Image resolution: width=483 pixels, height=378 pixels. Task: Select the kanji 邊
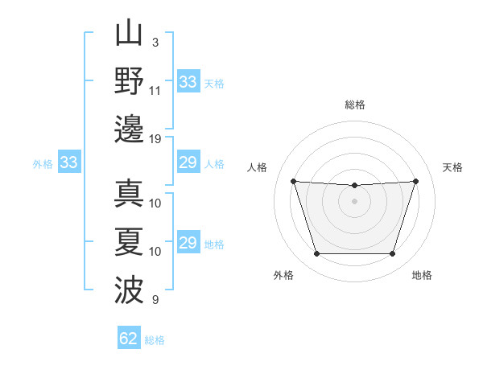pyautogui.click(x=130, y=129)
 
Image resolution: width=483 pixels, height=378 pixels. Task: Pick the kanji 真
pyautogui.click(x=130, y=193)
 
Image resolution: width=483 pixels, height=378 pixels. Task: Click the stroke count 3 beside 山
pyautogui.click(x=155, y=41)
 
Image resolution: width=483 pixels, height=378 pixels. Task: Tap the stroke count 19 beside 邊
pyautogui.click(x=155, y=138)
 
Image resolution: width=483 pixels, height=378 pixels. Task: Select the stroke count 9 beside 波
pyautogui.click(x=155, y=300)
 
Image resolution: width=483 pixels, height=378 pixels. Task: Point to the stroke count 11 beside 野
pyautogui.click(x=155, y=90)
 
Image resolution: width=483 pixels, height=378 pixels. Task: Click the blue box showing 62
pyautogui.click(x=129, y=339)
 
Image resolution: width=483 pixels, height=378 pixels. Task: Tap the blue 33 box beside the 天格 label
pyautogui.click(x=188, y=82)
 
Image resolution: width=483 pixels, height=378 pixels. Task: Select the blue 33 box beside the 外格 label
pyautogui.click(x=69, y=163)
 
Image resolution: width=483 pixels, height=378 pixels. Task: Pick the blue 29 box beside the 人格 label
pyautogui.click(x=188, y=163)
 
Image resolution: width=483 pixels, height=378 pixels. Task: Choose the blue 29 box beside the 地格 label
pyautogui.click(x=188, y=243)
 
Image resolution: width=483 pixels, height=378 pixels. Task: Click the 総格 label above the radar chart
pyautogui.click(x=354, y=105)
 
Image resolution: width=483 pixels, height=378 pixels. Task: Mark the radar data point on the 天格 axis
pyautogui.click(x=415, y=181)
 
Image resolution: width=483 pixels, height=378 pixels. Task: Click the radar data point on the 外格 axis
pyautogui.click(x=316, y=254)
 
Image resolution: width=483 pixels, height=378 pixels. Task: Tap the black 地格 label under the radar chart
pyautogui.click(x=422, y=275)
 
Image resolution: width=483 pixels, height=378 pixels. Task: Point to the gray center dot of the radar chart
pyautogui.click(x=354, y=201)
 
